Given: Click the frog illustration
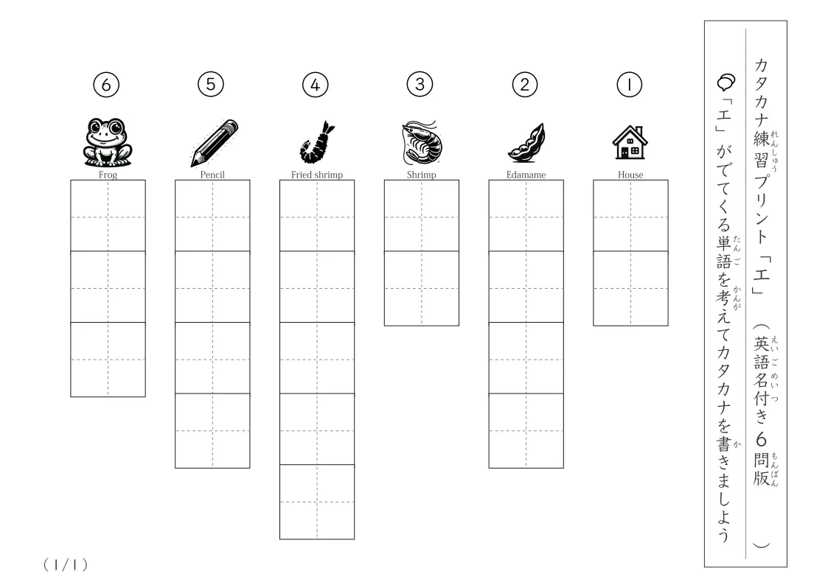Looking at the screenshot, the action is pos(108,142).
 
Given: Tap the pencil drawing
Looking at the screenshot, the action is pos(215,143).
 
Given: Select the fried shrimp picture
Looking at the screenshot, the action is pos(317,142).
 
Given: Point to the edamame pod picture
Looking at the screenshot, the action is pos(526,142).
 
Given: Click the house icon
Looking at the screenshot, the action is pos(630,142).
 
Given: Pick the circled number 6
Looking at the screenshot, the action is pos(106,85).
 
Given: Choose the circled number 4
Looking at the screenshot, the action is pos(316,85).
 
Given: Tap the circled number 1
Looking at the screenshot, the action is pos(630,85).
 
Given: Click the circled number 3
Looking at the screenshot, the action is pos(420,85).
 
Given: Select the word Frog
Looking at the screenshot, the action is pos(108,175).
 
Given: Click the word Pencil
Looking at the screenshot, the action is pos(212,175).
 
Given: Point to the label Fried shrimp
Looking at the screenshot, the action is pos(317,175).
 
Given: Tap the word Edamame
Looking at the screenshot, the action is pos(526,175).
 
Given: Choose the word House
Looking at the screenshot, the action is pos(630,175).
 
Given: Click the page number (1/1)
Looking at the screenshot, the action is pos(66,565).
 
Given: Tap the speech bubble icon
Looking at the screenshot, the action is pos(726,82).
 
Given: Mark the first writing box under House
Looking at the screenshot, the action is pos(630,216).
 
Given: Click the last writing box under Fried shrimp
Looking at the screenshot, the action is pos(317,502).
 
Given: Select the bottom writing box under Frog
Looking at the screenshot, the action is pos(108,360).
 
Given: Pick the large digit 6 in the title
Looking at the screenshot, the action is pos(761,439).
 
